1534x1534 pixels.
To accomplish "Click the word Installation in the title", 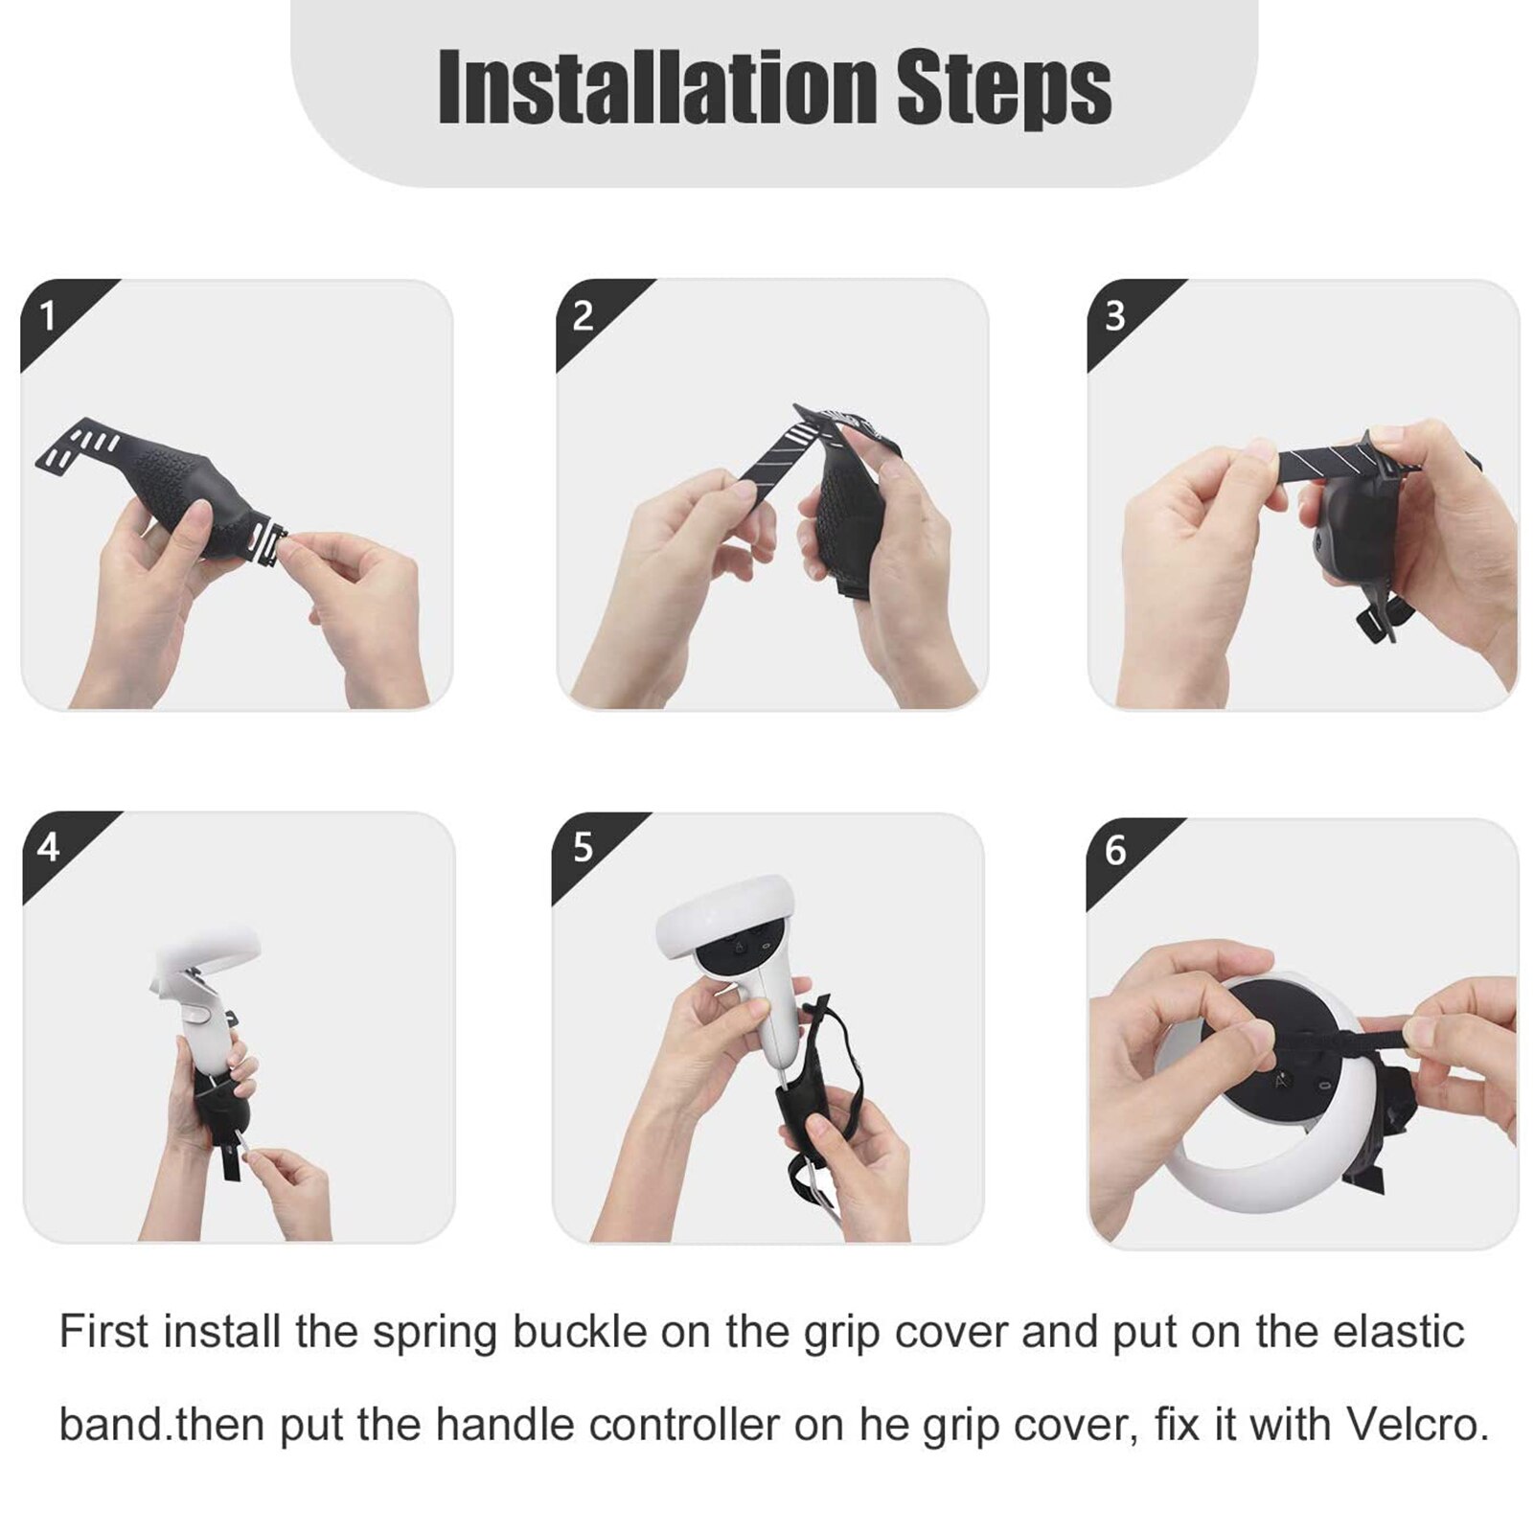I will (657, 88).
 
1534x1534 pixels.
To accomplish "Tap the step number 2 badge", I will (583, 315).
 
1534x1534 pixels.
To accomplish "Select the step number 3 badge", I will (1114, 315).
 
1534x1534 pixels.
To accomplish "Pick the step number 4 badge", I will (49, 847).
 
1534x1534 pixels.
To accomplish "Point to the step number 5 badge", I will (583, 847).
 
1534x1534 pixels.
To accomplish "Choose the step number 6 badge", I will (1115, 850).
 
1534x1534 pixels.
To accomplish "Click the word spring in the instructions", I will (435, 1333).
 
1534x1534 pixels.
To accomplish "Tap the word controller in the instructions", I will (684, 1425).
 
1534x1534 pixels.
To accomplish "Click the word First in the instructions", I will (103, 1332).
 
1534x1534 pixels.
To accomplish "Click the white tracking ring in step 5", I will (725, 914).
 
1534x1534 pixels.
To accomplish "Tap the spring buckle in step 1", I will (266, 542).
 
